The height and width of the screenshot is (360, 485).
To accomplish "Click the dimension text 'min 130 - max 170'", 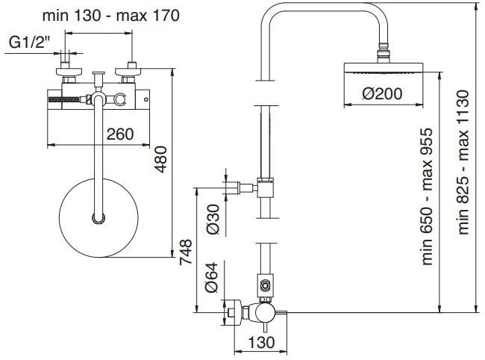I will [x=110, y=15].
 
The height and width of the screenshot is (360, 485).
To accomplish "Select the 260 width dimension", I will [x=119, y=134].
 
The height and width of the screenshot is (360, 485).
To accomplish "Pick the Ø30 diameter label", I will [x=212, y=218].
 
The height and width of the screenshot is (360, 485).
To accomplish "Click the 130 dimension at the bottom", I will [x=256, y=342].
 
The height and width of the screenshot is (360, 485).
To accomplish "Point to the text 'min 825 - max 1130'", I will [x=463, y=162].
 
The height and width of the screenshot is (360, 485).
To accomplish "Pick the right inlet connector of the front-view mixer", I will [x=132, y=75].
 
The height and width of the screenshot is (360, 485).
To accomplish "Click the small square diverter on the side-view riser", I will [x=264, y=284].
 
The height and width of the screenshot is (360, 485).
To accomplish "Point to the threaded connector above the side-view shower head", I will [x=384, y=53].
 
